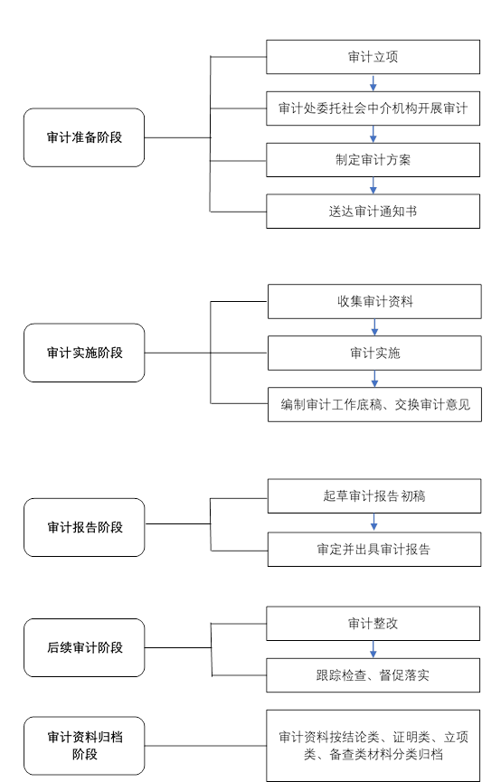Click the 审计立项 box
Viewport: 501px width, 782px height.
click(x=373, y=57)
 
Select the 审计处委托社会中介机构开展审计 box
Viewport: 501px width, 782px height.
click(x=373, y=108)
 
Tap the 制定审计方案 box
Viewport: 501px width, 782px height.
click(x=373, y=160)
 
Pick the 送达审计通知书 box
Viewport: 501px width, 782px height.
click(x=373, y=212)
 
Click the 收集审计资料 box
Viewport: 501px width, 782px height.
click(x=374, y=301)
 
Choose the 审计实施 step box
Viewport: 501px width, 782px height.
click(x=374, y=353)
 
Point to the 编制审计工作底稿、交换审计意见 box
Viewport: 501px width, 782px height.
click(x=374, y=404)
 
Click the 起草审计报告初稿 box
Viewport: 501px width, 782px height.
click(x=374, y=496)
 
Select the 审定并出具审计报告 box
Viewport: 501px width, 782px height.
click(x=374, y=549)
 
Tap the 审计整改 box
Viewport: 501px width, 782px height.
click(x=373, y=624)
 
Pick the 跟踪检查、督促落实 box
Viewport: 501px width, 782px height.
click(x=373, y=675)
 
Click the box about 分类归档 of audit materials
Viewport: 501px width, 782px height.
click(x=373, y=746)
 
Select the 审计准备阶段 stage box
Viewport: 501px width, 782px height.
click(x=84, y=137)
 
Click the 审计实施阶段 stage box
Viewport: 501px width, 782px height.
click(x=84, y=353)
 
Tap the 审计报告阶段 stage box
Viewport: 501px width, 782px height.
click(x=84, y=527)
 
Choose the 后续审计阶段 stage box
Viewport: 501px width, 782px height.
click(x=84, y=647)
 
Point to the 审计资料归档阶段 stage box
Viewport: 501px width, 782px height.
click(x=84, y=746)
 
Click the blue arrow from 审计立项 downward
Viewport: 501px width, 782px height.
click(x=373, y=83)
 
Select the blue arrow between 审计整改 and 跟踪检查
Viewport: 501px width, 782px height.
click(x=373, y=649)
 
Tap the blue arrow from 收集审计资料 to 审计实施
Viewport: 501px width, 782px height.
click(x=374, y=327)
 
